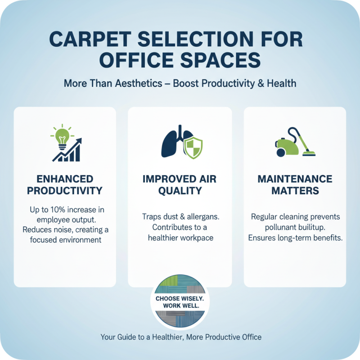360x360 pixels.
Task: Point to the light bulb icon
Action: coord(62,136)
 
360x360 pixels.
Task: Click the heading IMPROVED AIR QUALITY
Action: coord(180,185)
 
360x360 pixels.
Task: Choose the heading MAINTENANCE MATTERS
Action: coord(295,185)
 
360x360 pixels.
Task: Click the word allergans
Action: coord(201,217)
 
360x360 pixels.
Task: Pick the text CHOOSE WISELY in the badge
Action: coord(180,298)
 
